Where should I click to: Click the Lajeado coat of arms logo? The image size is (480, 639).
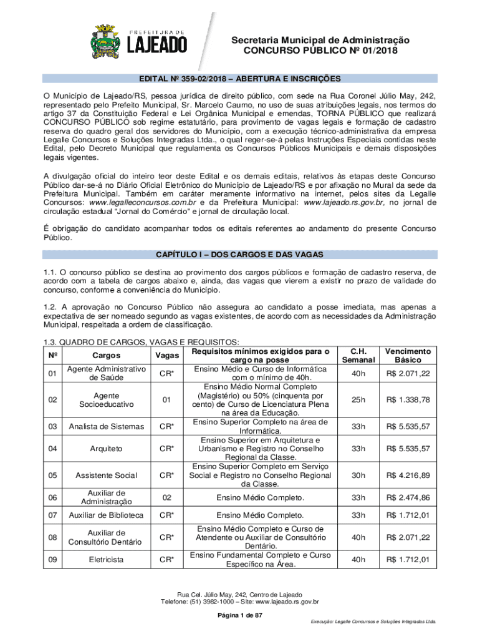tap(110, 39)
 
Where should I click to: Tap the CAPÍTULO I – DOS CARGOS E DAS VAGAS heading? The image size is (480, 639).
tap(239, 255)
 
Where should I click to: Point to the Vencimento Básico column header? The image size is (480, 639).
tap(408, 356)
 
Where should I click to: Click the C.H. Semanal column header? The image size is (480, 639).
tap(358, 356)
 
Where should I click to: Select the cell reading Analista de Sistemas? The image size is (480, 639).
tap(107, 426)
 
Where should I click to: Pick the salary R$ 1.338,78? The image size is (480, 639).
tap(408, 399)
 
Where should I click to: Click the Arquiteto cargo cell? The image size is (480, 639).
tap(107, 449)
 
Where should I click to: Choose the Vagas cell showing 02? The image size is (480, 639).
tap(166, 497)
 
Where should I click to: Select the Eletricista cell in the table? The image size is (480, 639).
tap(107, 560)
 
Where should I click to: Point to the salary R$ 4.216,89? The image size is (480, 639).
tap(408, 475)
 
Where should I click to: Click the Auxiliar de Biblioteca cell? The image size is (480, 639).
tap(107, 515)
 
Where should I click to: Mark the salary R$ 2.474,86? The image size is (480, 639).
tap(408, 497)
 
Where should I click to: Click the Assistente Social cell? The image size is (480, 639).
tap(107, 475)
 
